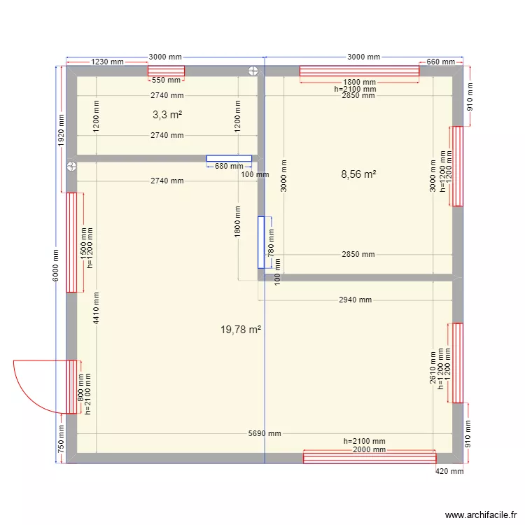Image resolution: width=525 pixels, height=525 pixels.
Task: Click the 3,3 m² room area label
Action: point(167,114)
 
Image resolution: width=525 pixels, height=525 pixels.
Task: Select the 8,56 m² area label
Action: point(358,174)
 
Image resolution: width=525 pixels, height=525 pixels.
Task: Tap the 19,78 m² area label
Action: point(241,328)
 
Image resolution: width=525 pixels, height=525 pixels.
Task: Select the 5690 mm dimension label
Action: point(264,433)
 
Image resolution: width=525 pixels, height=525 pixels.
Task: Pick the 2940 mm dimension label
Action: point(354,300)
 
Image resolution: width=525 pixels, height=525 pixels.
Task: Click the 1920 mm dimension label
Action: point(61,129)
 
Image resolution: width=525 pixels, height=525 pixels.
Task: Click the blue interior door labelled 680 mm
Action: point(229,159)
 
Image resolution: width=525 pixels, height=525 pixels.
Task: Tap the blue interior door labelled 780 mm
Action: point(262,242)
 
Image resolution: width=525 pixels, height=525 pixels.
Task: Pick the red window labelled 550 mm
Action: point(166,71)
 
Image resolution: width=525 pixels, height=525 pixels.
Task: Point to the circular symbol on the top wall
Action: point(252,70)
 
